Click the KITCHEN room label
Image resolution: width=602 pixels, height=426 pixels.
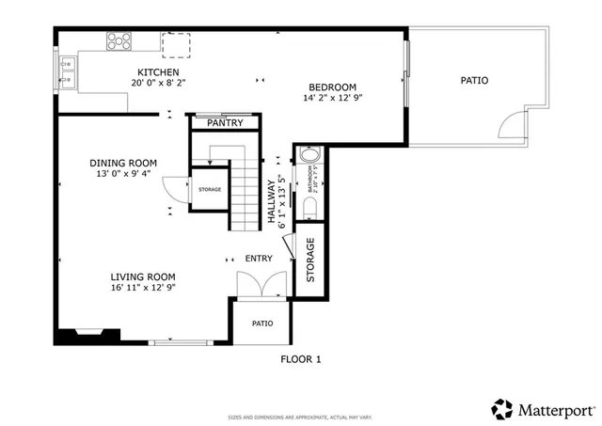[158, 72]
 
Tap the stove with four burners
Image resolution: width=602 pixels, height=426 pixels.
[119, 41]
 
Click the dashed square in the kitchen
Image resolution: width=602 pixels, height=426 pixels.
[176, 43]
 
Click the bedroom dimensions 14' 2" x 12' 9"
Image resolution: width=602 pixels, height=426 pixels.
[332, 97]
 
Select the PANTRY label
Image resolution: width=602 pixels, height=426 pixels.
[225, 123]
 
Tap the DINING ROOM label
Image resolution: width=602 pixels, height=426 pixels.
[123, 163]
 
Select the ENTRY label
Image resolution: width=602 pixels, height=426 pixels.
[259, 259]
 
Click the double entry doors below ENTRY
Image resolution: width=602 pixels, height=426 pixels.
[259, 285]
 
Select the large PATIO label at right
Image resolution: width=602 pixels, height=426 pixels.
[474, 80]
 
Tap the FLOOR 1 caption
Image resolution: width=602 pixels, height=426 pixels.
[301, 358]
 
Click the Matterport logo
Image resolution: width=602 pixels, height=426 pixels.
[543, 409]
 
